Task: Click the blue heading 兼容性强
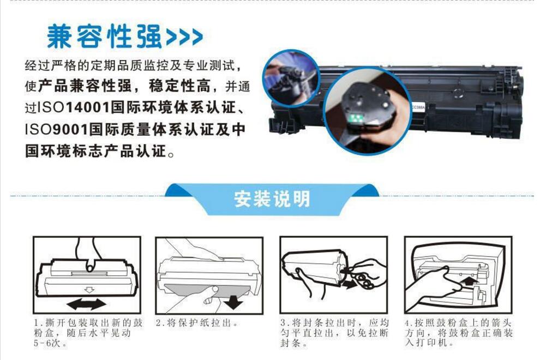pos(104,37)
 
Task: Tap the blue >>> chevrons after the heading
pos(184,37)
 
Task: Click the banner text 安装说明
pos(272,199)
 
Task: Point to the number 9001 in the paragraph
pos(70,129)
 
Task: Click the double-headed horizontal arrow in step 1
pos(87,304)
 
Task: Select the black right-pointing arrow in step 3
pos(350,284)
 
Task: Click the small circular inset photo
pos(291,78)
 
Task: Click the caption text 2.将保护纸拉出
pos(197,323)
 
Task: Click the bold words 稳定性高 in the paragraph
pos(179,86)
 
